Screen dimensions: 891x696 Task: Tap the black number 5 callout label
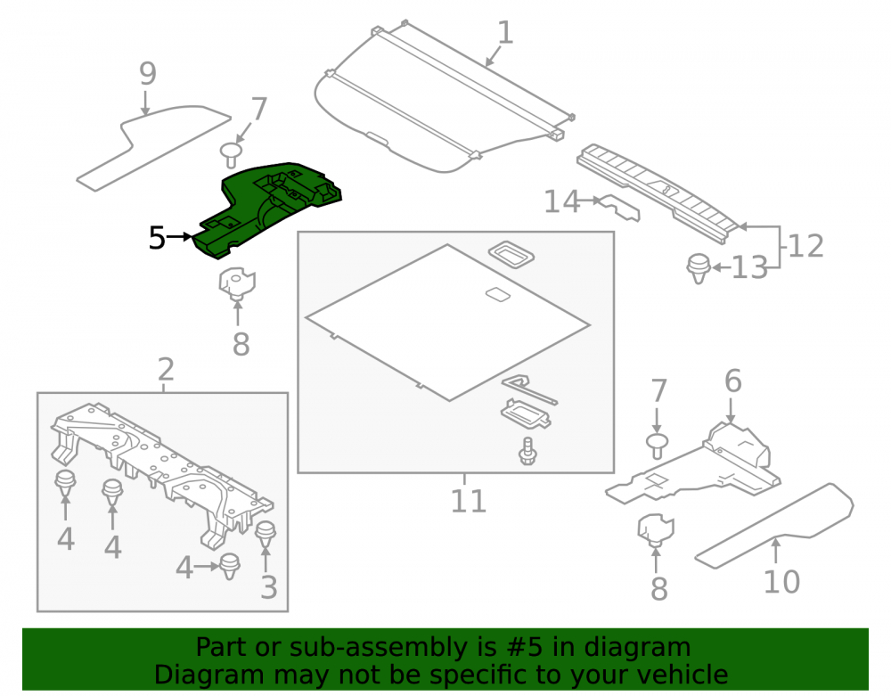[x=157, y=238]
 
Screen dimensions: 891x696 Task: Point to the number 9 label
[x=148, y=74]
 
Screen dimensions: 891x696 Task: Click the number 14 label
[x=562, y=201]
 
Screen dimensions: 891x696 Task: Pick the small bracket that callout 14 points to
[x=620, y=208]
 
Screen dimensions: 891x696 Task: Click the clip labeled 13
[x=699, y=268]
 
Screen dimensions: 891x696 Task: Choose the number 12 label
[x=806, y=246]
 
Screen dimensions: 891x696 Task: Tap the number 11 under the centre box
[x=469, y=501]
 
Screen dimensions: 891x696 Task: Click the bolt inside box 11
[x=527, y=451]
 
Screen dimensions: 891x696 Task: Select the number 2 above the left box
[x=166, y=370]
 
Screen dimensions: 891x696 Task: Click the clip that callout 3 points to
[x=266, y=533]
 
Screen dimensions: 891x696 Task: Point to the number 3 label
[x=269, y=587]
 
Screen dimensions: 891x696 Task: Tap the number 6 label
[x=733, y=381]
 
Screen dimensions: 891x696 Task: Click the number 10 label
[x=781, y=582]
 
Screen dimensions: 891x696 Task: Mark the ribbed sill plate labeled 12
[x=660, y=193]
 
